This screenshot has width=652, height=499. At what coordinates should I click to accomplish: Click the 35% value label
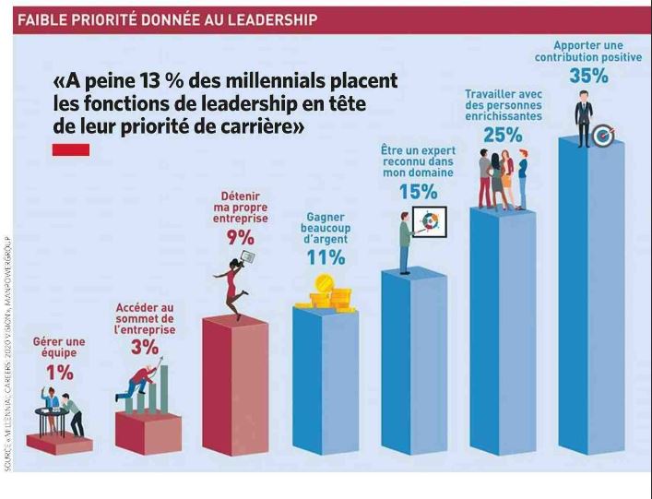588,77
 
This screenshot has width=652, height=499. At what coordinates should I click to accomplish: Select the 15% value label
418,191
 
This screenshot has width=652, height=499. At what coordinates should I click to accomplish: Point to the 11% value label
326,257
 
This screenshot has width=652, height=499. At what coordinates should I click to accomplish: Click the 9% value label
241,237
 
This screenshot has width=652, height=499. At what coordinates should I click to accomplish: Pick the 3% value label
144,347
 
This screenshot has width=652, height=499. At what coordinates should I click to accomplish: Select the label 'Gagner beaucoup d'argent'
326,229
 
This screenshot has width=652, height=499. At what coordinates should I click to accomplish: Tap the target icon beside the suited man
604,136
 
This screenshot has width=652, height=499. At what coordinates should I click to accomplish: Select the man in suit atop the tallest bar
584,117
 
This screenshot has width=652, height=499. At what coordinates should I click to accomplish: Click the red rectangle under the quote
71,149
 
